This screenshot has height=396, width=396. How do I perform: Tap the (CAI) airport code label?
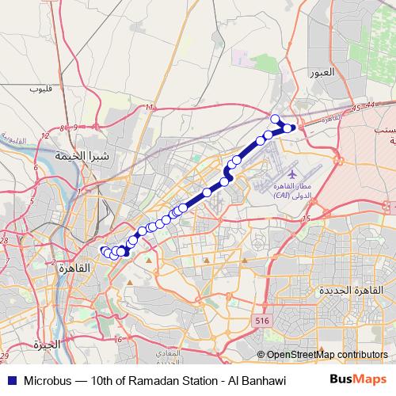[x=283, y=195]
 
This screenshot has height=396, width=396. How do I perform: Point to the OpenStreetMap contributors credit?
[x=326, y=355]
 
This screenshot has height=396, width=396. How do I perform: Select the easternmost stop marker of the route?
[x=291, y=128]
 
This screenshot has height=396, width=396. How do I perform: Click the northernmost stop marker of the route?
[x=276, y=119]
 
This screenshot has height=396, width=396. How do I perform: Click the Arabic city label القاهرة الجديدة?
[x=348, y=291]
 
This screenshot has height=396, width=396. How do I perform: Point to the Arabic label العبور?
[x=345, y=72]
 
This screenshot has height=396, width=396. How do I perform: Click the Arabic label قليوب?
[x=40, y=88]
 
